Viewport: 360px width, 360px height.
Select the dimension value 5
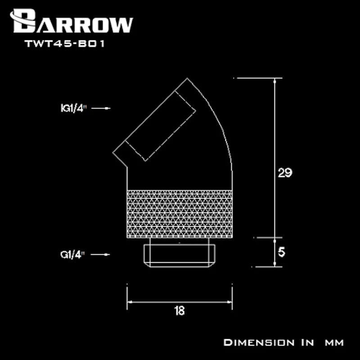pyautogui.click(x=282, y=252)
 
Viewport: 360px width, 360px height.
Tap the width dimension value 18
pyautogui.click(x=179, y=310)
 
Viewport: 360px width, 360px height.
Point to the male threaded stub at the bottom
pyautogui.click(x=179, y=255)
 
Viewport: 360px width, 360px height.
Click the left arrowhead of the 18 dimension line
pyautogui.click(x=130, y=302)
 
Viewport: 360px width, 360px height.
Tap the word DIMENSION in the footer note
pyautogui.click(x=258, y=342)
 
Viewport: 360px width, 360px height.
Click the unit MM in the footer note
pyautogui.click(x=334, y=342)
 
